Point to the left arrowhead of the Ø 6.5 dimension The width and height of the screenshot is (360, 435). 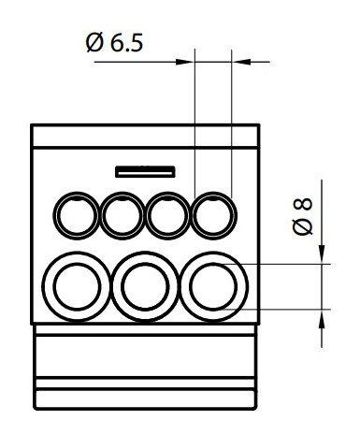(x=186, y=63)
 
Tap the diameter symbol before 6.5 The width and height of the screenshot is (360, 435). (x=94, y=45)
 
